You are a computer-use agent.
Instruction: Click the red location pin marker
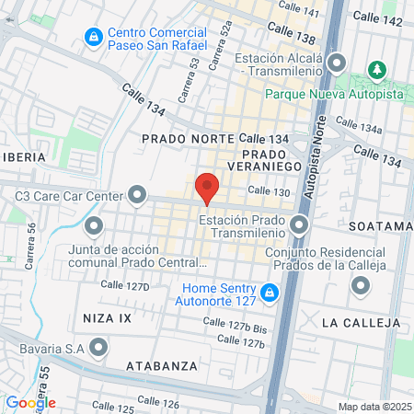(x=207, y=188)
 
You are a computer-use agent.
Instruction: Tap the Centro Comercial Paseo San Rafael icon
(x=93, y=37)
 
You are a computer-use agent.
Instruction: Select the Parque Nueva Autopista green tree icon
(x=375, y=70)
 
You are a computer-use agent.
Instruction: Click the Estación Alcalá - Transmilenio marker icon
(x=337, y=63)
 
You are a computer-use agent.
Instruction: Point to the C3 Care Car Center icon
(x=138, y=195)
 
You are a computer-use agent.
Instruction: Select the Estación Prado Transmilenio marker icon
(x=299, y=224)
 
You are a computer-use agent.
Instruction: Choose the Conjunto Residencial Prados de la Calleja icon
(x=359, y=285)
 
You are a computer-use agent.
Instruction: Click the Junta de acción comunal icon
(x=93, y=225)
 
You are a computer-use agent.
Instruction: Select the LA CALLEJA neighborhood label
(x=362, y=323)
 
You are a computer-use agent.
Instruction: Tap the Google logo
(x=30, y=402)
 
